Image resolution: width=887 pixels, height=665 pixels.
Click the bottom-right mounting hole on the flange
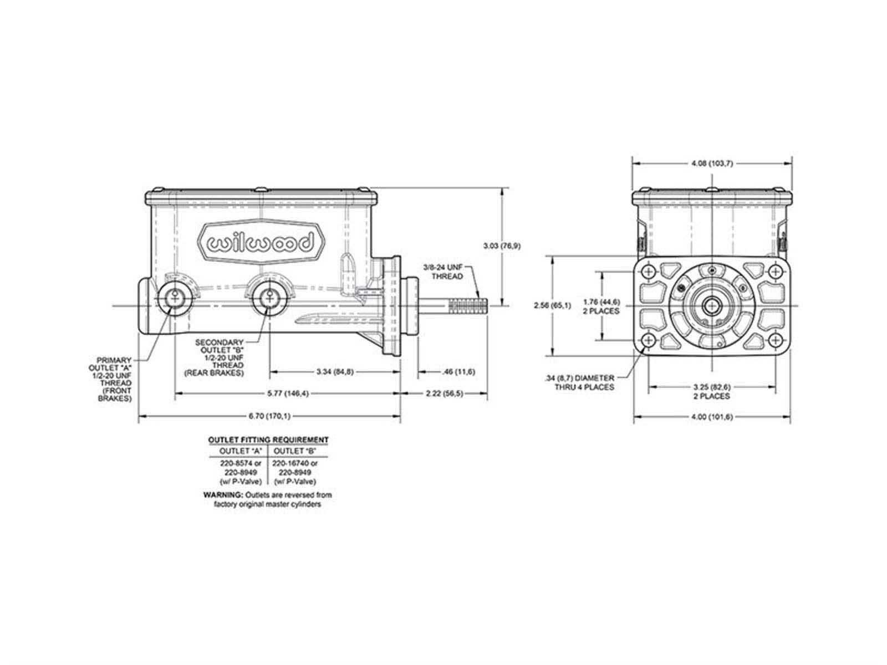click(x=775, y=340)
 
